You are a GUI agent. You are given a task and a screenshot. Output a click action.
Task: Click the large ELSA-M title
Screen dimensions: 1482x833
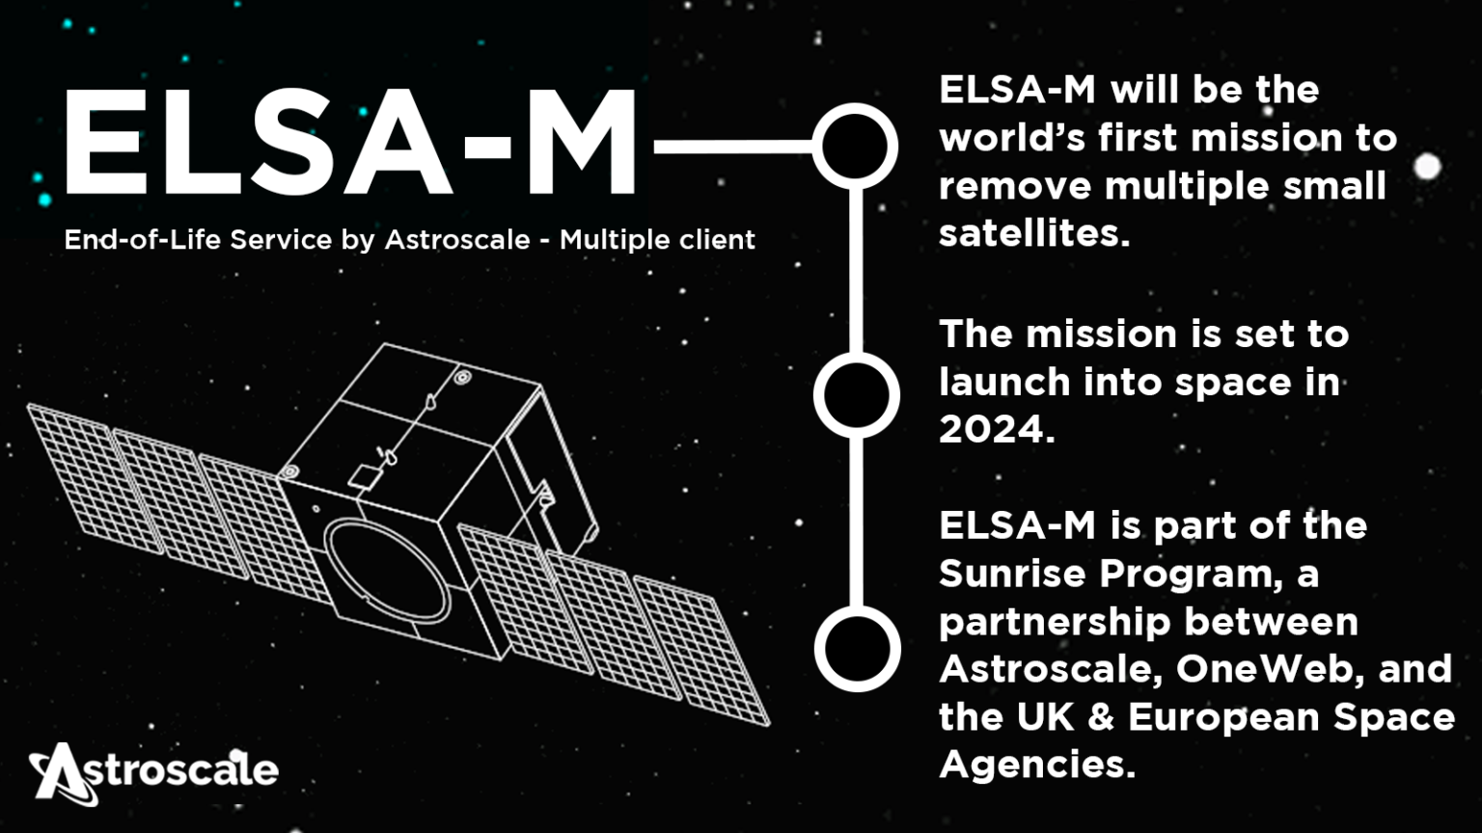[x=349, y=142]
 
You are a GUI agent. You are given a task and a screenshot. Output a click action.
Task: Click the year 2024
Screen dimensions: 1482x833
[x=997, y=430]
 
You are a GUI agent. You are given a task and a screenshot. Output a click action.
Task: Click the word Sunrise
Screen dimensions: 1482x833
[x=1012, y=574]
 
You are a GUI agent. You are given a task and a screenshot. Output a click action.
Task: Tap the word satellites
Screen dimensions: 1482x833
[x=1034, y=232]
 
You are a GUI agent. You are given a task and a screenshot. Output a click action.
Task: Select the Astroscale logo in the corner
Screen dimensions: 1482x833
[x=153, y=773]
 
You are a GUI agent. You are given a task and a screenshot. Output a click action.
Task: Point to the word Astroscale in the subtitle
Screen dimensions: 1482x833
[x=457, y=239]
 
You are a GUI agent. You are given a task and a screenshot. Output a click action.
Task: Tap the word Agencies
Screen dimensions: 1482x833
[x=1037, y=765]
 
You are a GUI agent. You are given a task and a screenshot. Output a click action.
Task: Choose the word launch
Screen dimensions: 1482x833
[x=1005, y=382]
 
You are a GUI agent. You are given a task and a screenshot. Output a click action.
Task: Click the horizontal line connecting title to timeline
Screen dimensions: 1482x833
[x=733, y=147]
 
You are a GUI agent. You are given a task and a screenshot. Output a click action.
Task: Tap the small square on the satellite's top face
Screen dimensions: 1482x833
[x=363, y=477]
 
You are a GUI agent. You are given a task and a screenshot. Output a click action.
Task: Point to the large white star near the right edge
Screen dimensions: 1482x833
[x=1427, y=166]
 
